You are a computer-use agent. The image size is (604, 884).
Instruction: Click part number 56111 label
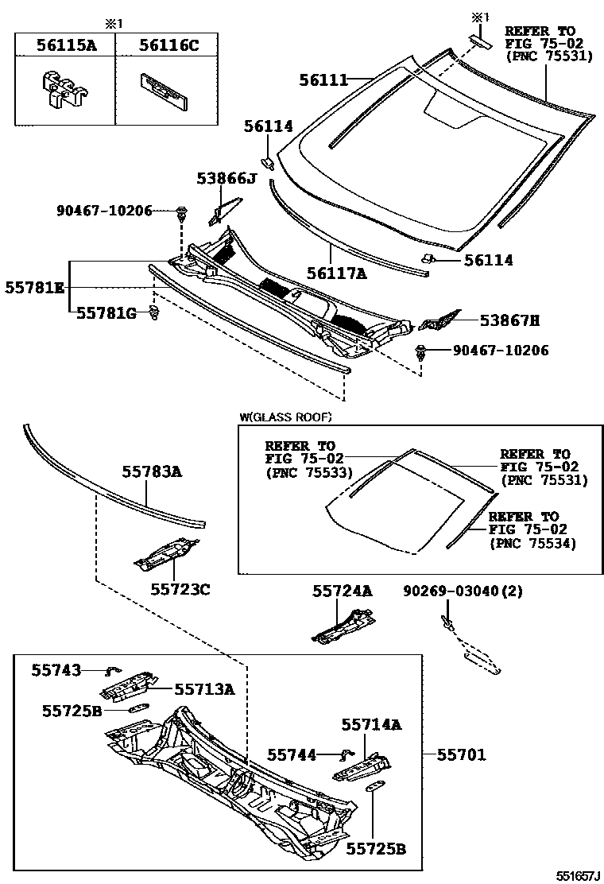click(323, 79)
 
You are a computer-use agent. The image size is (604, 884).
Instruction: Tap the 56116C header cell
click(168, 45)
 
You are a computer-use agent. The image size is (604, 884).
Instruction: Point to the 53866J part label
click(227, 179)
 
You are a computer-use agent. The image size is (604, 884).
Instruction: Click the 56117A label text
click(337, 274)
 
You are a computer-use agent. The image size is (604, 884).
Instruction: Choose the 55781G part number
click(106, 314)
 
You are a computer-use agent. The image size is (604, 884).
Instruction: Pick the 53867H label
click(509, 320)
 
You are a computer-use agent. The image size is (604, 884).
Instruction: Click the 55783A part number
click(152, 472)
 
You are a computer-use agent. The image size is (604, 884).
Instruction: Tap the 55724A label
click(342, 591)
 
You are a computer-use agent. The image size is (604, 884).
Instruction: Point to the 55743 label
click(56, 670)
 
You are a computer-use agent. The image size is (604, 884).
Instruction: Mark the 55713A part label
click(204, 689)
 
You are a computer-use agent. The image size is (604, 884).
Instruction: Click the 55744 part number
click(292, 754)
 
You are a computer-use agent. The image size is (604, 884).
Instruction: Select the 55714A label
click(372, 724)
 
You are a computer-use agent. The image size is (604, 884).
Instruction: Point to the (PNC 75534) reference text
click(532, 543)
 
